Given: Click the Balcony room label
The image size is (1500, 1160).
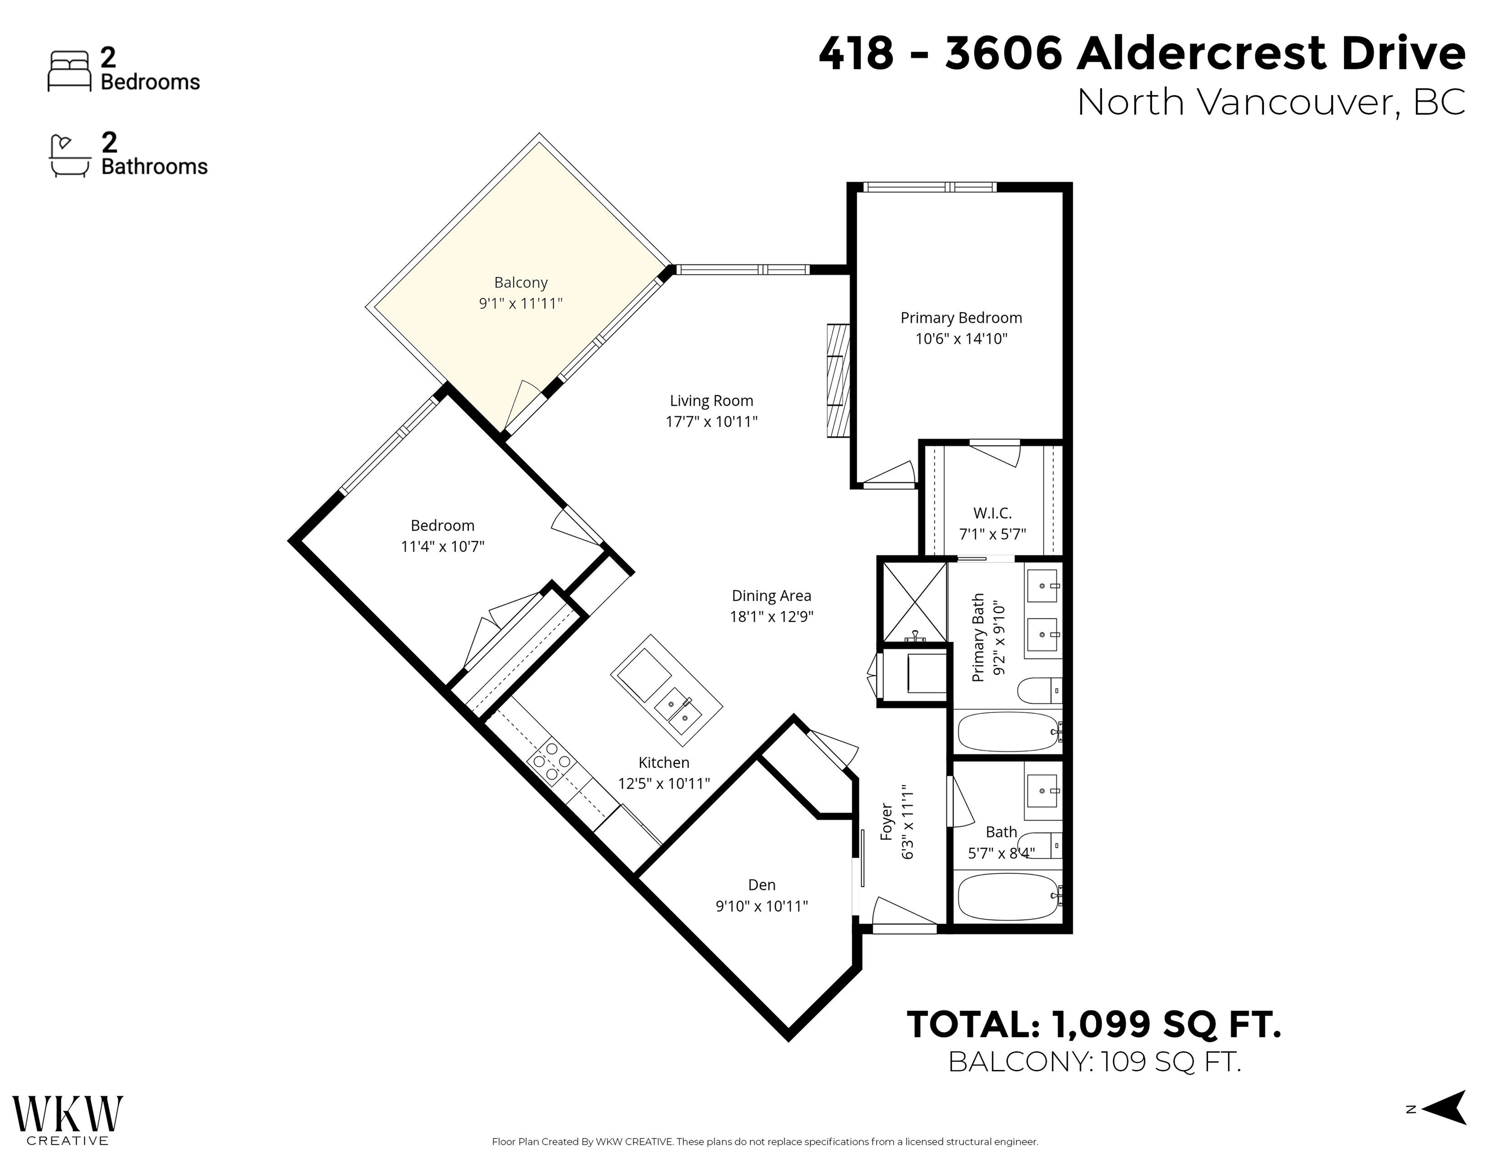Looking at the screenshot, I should (521, 282).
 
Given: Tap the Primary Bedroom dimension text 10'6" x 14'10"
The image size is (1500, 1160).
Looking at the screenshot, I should (961, 339).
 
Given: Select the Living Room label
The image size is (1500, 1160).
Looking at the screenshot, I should (711, 400).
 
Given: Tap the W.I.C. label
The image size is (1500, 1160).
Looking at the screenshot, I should (992, 513).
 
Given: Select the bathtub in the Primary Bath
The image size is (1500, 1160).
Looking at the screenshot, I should (1007, 732).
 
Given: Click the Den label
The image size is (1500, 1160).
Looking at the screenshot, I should (762, 885).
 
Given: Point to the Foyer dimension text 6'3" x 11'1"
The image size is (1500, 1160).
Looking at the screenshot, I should (908, 822).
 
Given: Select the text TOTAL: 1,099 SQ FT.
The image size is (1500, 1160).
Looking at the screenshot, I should (1094, 1024).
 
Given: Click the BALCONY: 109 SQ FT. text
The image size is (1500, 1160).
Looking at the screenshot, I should (1094, 1062).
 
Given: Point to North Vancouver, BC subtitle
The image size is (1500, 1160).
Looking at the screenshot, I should (1270, 102).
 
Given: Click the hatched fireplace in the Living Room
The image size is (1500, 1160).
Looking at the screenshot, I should (838, 380).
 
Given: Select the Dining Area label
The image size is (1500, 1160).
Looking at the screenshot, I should (771, 596).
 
